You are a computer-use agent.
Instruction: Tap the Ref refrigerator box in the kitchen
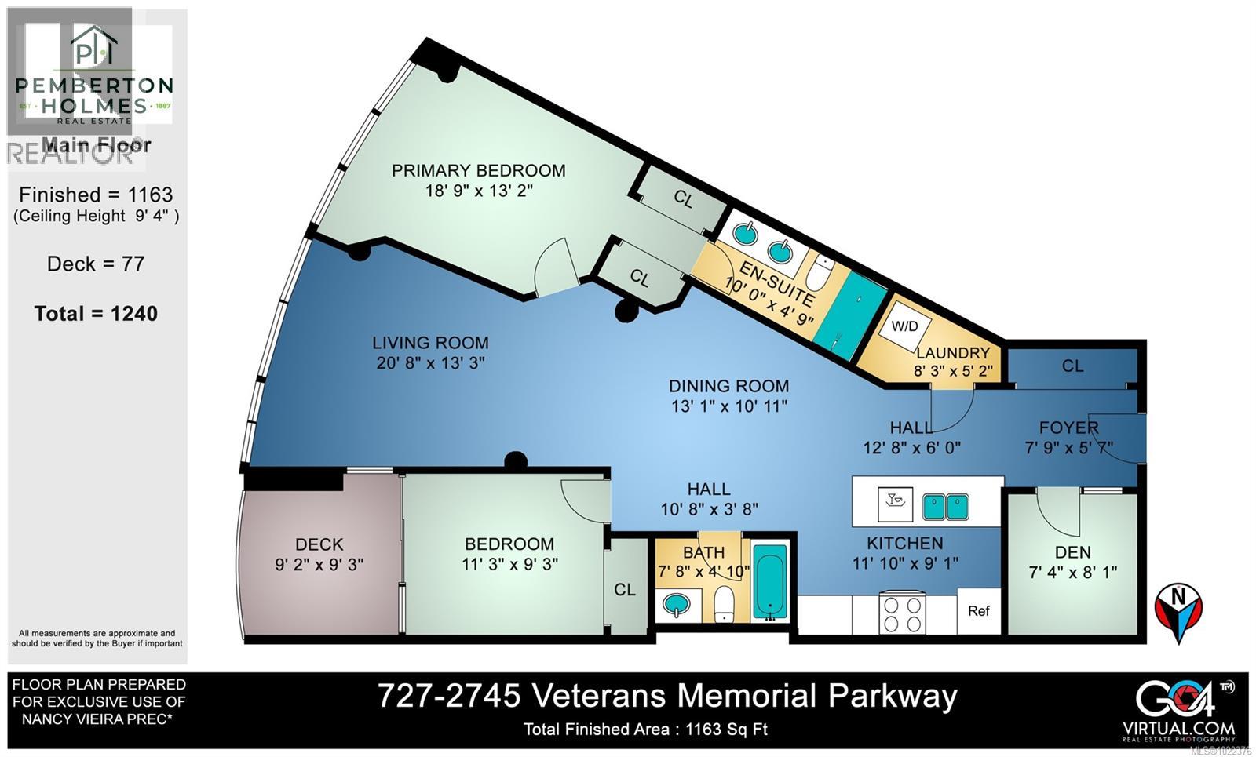(x=978, y=611)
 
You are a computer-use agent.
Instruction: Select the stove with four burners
(x=903, y=613)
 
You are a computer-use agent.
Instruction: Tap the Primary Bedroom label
(x=478, y=170)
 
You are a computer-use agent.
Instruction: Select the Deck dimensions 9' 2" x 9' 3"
(x=319, y=565)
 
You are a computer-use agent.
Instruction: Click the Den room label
(x=1072, y=552)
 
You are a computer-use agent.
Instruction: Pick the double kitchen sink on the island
(x=945, y=506)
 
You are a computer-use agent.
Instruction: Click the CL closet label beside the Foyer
(x=1072, y=366)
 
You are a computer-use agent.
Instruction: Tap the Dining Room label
(x=728, y=386)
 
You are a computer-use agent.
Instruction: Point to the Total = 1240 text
(x=96, y=314)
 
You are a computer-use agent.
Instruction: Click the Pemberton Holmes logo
(x=94, y=75)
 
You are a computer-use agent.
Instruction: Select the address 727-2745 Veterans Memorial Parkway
(x=667, y=696)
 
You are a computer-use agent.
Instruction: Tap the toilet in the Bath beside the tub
(x=725, y=604)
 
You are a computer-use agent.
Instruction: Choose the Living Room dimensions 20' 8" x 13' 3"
(x=430, y=363)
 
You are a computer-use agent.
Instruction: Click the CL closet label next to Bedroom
(x=625, y=590)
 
